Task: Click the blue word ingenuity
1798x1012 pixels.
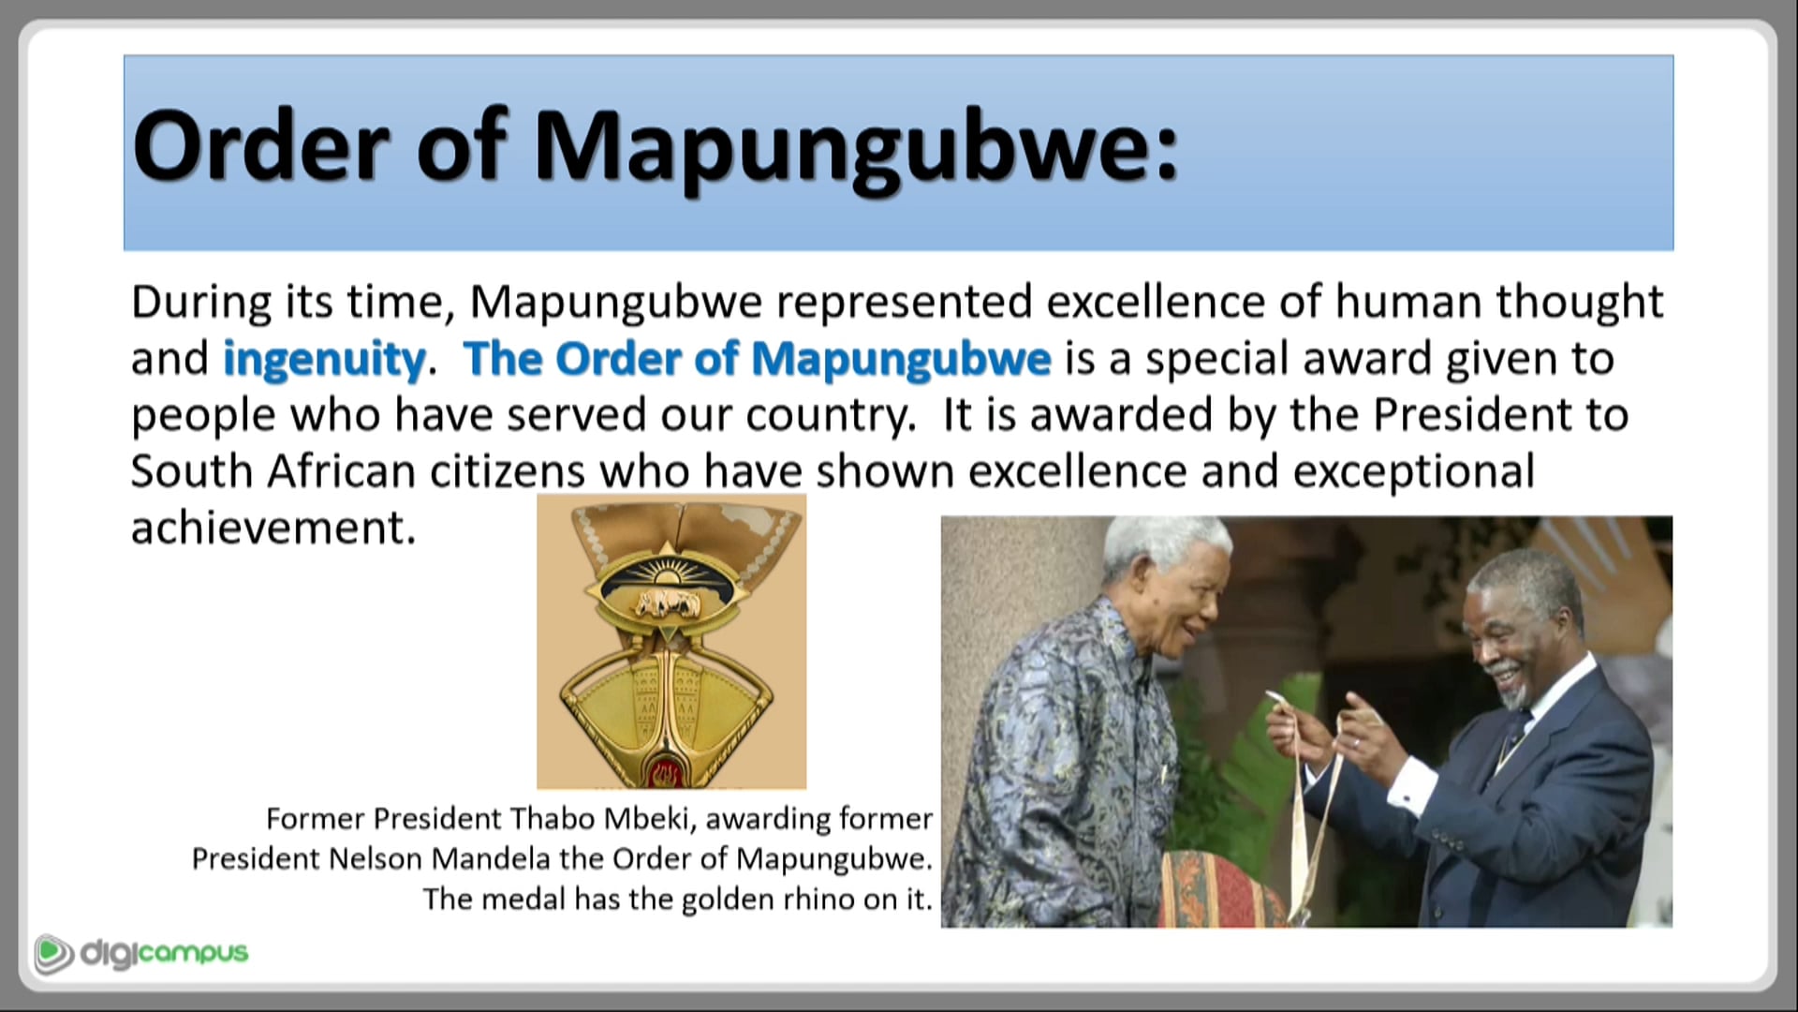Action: (x=324, y=360)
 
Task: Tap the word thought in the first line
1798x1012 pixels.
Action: (x=1579, y=303)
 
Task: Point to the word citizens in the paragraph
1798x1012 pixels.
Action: (x=507, y=471)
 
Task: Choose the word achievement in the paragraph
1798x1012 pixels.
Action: (x=272, y=528)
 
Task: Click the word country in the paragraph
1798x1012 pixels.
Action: (x=830, y=416)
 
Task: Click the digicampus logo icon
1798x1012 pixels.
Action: (x=53, y=954)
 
